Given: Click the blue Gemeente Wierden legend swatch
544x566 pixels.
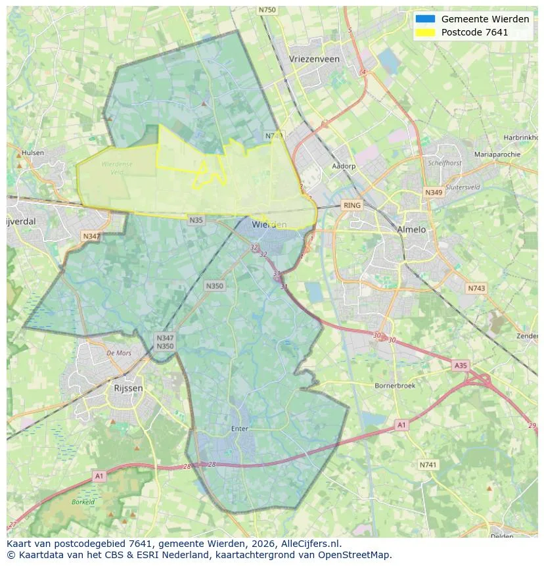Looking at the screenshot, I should coord(425,19).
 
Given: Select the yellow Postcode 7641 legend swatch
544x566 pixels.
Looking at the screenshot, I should coord(425,32).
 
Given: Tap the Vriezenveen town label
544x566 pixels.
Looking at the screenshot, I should coord(314,59).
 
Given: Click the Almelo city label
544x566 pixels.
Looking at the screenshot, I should coord(411,229).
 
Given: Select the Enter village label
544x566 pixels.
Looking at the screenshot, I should coord(240,429).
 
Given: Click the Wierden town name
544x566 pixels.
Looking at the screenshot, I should coord(269,224).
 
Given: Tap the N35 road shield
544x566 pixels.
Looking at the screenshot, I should coord(196,220).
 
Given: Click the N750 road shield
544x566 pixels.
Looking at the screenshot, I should coord(267,10).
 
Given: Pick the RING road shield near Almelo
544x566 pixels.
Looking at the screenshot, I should coord(352,206).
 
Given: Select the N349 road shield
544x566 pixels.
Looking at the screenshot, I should coord(434,193).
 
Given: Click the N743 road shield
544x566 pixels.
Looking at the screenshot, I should coord(476,288).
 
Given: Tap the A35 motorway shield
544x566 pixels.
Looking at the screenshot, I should coord(461,365).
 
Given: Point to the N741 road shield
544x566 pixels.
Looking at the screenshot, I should coord(428,465).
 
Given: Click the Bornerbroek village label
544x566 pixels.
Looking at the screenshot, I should coord(394,386).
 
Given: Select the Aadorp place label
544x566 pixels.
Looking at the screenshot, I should coord(344,166).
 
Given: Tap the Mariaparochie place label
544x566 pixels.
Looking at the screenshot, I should coord(497,154).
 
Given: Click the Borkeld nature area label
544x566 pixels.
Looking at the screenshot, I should coord(83,502).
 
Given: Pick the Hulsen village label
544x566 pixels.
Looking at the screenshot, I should coord(33,153).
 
